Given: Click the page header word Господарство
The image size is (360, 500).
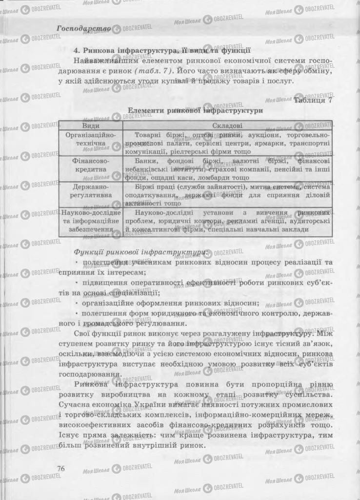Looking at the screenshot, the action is pyautogui.click(x=83, y=28).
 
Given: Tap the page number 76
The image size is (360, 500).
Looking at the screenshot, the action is pyautogui.click(x=61, y=468).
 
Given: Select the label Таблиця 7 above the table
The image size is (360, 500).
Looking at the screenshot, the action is pyautogui.click(x=313, y=100).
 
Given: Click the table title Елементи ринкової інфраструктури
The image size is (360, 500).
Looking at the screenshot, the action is pyautogui.click(x=195, y=111).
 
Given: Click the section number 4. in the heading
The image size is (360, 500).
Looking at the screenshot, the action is pyautogui.click(x=77, y=50).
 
